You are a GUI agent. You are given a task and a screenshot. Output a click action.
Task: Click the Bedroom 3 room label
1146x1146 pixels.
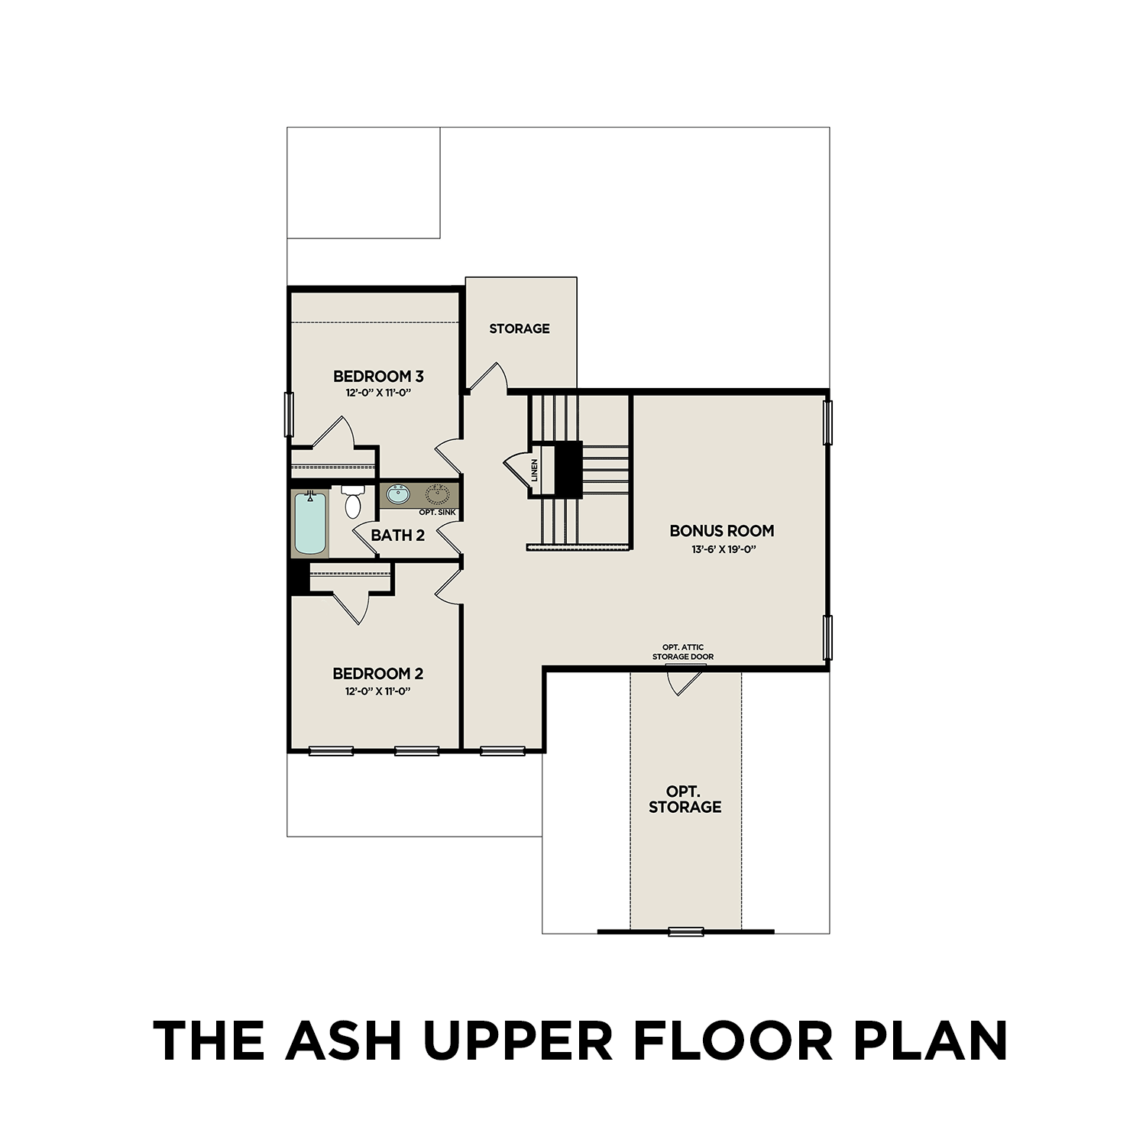point(378,376)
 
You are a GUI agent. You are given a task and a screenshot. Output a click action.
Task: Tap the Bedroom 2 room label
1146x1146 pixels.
point(377,673)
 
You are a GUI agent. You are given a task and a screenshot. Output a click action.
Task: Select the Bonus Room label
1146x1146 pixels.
point(721,530)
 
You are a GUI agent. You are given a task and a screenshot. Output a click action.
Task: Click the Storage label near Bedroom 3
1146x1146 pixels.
point(520,329)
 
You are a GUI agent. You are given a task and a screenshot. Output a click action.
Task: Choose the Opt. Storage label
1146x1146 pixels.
point(685,798)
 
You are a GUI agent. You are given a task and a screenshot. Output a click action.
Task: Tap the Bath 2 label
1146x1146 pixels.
point(397,536)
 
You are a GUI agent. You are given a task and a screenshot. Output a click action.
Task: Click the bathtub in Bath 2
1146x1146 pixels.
point(310,523)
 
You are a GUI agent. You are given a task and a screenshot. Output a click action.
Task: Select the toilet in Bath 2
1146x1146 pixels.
point(352,502)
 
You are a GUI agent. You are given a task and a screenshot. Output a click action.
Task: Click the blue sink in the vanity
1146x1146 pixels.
point(397,495)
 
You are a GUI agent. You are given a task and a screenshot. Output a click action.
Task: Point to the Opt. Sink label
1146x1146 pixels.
point(437,512)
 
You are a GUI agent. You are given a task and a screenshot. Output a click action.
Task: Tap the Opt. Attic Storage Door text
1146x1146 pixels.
point(683,652)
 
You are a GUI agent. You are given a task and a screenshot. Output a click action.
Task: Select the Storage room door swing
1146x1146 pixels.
point(489,377)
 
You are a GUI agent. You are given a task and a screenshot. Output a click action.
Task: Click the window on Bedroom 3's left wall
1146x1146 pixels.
point(289,414)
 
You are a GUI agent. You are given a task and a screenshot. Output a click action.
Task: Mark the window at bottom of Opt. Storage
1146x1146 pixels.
point(685,931)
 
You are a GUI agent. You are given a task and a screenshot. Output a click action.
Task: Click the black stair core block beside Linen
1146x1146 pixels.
point(568,469)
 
